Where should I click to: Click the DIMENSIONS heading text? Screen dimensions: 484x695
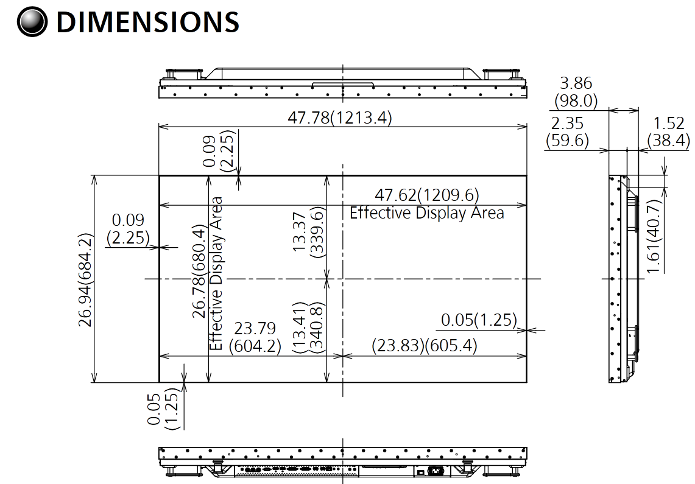(x=147, y=23)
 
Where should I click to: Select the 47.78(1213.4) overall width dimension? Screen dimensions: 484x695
(x=339, y=118)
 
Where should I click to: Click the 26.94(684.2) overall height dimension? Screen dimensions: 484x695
(x=86, y=279)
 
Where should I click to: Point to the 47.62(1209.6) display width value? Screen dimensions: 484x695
(x=426, y=195)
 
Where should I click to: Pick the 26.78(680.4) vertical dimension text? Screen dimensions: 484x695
(x=199, y=272)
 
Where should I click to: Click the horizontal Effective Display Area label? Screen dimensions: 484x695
(x=426, y=213)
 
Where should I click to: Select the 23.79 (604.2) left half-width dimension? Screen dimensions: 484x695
(x=255, y=337)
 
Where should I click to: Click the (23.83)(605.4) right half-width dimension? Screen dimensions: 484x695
(x=425, y=346)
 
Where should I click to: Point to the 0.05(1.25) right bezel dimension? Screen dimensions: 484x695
(x=478, y=320)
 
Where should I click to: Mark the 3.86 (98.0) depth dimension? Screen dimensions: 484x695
(x=575, y=91)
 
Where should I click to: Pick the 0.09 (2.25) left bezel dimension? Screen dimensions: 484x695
(x=127, y=229)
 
